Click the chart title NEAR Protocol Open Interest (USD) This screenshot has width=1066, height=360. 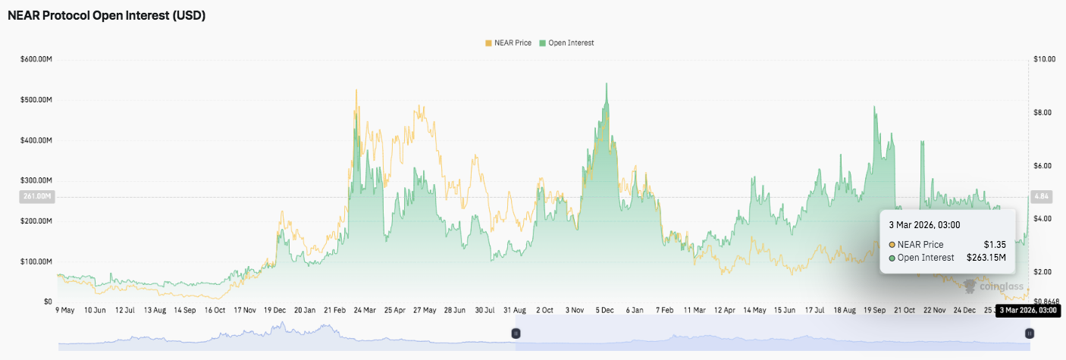pyautogui.click(x=106, y=15)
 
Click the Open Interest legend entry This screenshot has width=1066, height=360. pyautogui.click(x=566, y=43)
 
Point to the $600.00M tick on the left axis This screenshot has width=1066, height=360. pyautogui.click(x=36, y=59)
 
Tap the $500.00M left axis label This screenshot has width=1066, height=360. pyautogui.click(x=36, y=100)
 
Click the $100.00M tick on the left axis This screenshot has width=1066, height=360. pyautogui.click(x=36, y=261)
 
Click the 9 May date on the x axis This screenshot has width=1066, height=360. pyautogui.click(x=64, y=310)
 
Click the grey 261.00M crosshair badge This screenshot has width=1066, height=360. pyautogui.click(x=36, y=197)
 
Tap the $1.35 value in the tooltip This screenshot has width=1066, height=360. pyautogui.click(x=995, y=245)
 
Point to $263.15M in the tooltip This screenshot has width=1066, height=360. pyautogui.click(x=986, y=258)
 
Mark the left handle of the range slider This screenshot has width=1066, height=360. pyautogui.click(x=516, y=333)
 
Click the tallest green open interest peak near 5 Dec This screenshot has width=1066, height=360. pyautogui.click(x=606, y=84)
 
